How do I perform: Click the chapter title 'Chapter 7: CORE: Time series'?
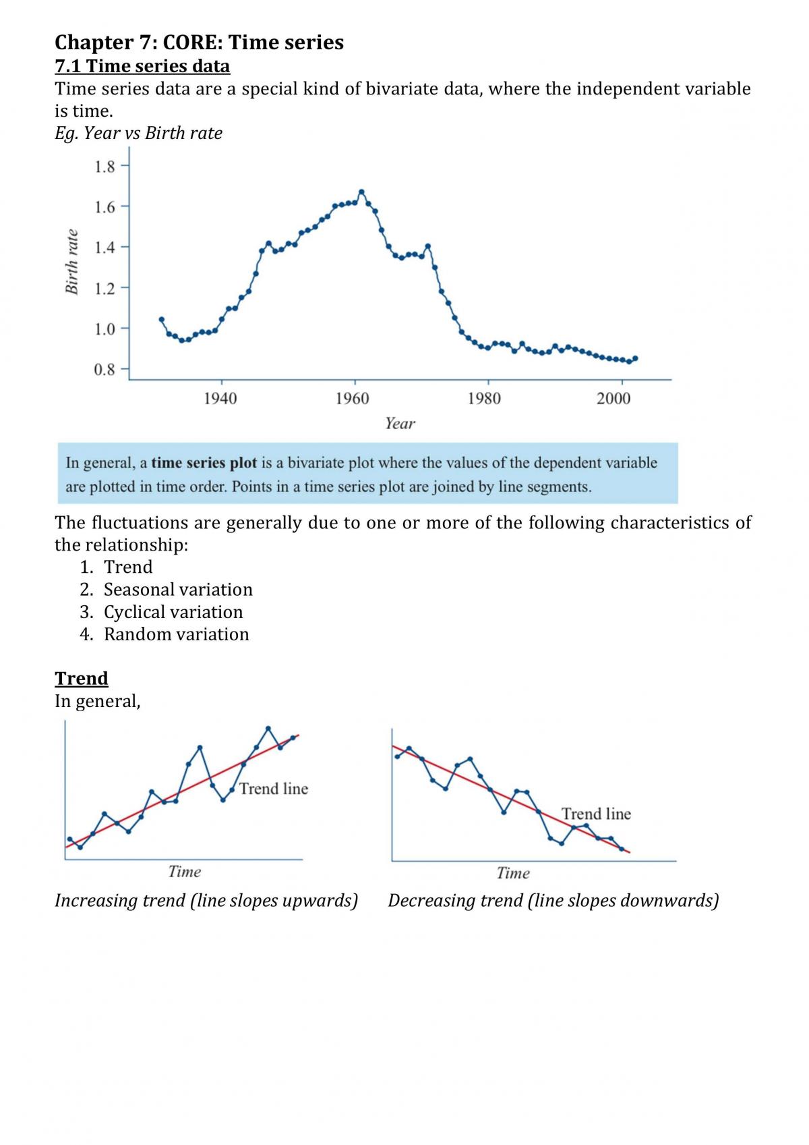click(x=199, y=43)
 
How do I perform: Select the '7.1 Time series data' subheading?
click(x=142, y=66)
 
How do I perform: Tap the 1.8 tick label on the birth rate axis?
click(x=104, y=167)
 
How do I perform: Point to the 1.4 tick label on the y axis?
click(x=104, y=248)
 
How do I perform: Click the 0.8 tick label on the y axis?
click(x=104, y=369)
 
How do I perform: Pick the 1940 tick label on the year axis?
click(x=220, y=398)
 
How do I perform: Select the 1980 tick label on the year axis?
click(x=484, y=398)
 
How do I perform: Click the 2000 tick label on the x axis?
click(x=613, y=398)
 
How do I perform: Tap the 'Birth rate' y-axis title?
click(x=72, y=262)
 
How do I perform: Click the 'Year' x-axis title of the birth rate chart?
click(x=400, y=423)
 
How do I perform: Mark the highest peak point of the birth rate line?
click(x=361, y=192)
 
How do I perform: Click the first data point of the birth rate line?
click(x=162, y=319)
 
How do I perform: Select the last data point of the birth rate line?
click(x=635, y=358)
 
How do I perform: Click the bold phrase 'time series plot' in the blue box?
click(x=204, y=463)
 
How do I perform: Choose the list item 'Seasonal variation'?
click(x=178, y=590)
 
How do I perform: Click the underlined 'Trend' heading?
click(x=82, y=678)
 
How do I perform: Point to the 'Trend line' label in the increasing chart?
click(x=274, y=789)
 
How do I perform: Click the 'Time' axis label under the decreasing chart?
click(x=513, y=873)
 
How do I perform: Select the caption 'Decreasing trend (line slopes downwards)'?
click(x=553, y=901)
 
